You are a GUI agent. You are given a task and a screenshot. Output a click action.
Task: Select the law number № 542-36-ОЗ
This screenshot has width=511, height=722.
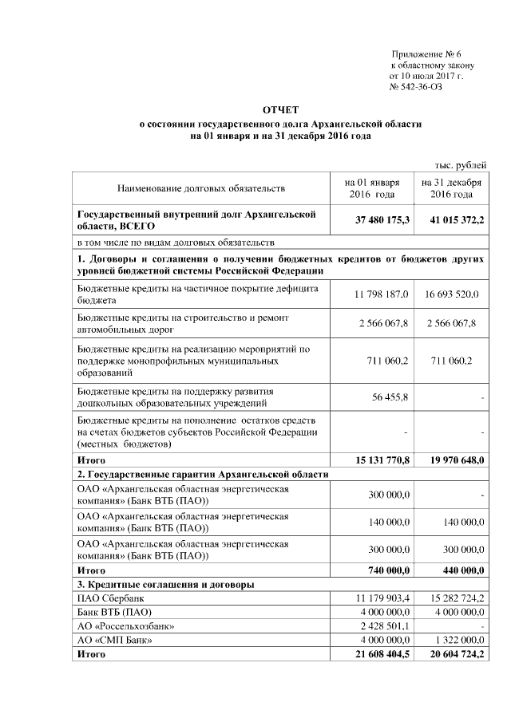[x=415, y=86]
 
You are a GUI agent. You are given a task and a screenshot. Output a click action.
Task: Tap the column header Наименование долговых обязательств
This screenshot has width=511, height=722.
[x=201, y=188]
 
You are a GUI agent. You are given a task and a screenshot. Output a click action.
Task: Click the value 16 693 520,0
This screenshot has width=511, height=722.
[x=452, y=294]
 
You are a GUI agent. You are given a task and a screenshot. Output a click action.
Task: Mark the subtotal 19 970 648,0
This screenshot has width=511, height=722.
[x=453, y=460]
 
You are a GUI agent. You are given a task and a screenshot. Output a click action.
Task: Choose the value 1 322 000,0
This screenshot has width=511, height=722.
[x=455, y=640]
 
